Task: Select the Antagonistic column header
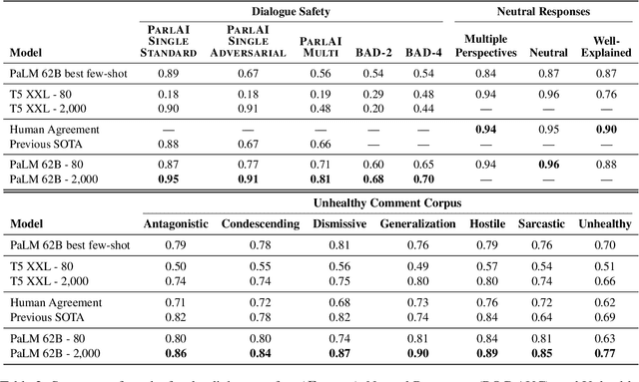point(176,224)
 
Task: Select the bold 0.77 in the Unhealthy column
point(605,353)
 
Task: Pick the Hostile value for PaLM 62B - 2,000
point(487,353)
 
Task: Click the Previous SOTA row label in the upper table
point(42,142)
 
